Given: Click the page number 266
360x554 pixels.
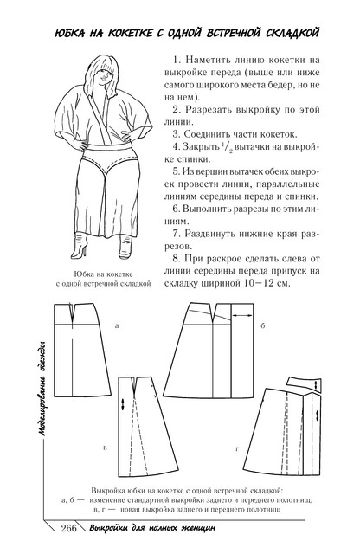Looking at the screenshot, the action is coord(69,528).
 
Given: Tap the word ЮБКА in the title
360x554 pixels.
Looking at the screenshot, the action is coord(70,34).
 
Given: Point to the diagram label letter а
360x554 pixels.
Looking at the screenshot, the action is coord(117,325).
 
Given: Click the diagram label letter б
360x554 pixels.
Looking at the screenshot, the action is coord(263,325).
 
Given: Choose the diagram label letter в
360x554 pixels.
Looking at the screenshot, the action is coord(105,448).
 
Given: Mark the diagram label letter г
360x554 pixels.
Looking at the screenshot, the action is coord(237,449).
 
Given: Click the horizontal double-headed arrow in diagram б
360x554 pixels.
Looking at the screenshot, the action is coord(242,315).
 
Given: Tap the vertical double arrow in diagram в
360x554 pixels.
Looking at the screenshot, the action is coord(123,404).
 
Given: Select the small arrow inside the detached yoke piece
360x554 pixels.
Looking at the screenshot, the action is coord(316,384).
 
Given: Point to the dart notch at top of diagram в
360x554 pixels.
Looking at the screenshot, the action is coord(134,386).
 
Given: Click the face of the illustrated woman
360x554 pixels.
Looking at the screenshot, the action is coord(106,74).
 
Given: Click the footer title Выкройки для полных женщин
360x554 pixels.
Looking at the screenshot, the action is coord(152,529).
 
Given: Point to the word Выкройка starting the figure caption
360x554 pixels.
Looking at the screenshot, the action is coord(106,491).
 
